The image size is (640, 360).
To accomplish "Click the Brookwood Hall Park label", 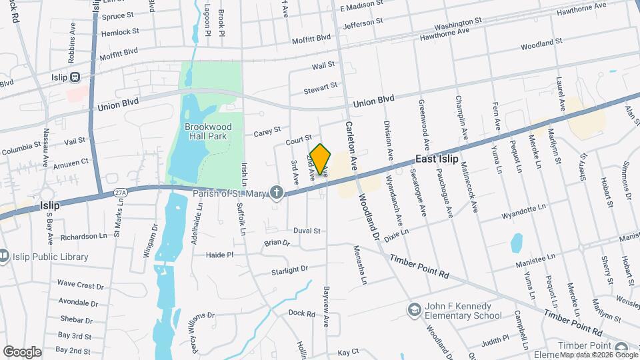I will coord(207,131).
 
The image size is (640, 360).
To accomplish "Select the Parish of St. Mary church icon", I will coord(277,193).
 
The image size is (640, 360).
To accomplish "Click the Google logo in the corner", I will coord(22,351).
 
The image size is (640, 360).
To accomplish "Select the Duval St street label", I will coord(307,231).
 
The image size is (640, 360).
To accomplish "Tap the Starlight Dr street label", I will coord(289,270).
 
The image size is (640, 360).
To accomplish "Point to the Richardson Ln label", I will coord(83,236).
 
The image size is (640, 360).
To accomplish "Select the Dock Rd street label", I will coord(301,312).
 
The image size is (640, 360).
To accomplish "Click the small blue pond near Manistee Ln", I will coord(516,243).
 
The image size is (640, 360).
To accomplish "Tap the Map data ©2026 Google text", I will coord(599,355).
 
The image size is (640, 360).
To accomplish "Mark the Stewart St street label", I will coord(321,87).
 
